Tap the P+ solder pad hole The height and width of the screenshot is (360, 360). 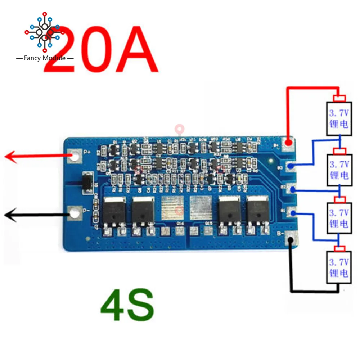[x=75, y=156]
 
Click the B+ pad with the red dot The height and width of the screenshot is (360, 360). [x=288, y=144]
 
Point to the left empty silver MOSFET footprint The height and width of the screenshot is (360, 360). [x=172, y=209]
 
